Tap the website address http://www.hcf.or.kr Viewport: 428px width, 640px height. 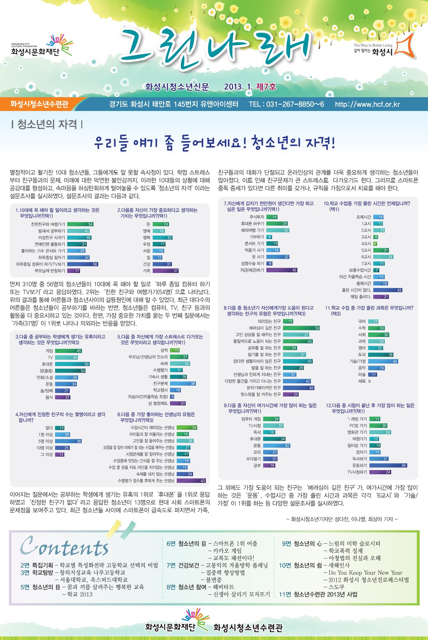(x=367, y=104)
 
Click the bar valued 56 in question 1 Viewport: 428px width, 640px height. (x=83, y=264)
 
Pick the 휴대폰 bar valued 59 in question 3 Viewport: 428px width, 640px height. (x=72, y=364)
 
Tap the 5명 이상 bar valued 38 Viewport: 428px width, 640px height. (x=69, y=441)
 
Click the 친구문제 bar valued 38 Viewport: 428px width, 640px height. (x=183, y=383)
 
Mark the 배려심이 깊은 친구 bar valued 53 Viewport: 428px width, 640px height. (x=301, y=328)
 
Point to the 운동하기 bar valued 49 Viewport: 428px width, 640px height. (x=388, y=465)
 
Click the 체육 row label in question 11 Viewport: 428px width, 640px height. (x=362, y=381)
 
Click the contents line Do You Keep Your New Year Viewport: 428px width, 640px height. (x=365, y=572)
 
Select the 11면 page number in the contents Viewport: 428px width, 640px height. (x=285, y=594)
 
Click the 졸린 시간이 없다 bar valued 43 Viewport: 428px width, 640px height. (x=388, y=290)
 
